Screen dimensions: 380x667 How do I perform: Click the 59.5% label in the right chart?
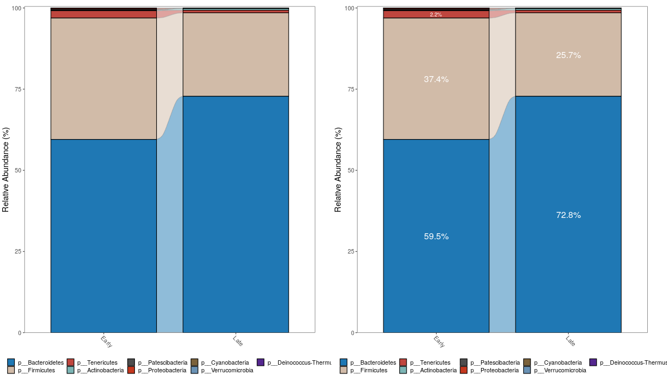pos(436,237)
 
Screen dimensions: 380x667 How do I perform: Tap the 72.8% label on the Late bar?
pos(568,215)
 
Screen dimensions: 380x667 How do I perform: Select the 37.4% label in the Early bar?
pos(436,79)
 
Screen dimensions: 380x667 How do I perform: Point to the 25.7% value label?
pos(568,55)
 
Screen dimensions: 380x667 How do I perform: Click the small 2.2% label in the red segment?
pos(436,15)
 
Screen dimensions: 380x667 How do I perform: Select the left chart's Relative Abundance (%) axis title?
pos(6,170)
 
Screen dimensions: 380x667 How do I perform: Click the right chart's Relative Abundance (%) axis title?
pos(338,170)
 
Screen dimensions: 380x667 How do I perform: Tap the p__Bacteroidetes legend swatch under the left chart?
pos(11,362)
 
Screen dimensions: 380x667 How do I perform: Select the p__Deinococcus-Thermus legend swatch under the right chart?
pos(593,362)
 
